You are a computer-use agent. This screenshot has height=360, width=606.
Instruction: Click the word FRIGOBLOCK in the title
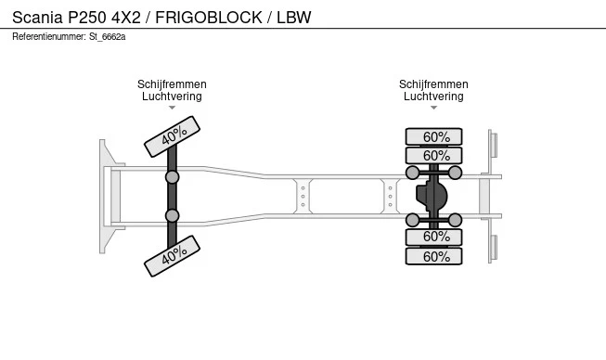tap(209, 18)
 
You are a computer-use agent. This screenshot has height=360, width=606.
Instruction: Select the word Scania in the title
tap(37, 18)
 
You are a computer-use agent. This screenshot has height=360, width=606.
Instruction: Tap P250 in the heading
tap(87, 18)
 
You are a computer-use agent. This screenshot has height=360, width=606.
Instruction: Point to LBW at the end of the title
tap(294, 18)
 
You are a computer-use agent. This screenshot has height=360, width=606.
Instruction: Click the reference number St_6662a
tap(107, 37)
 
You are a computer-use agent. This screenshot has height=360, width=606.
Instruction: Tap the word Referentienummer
tap(49, 37)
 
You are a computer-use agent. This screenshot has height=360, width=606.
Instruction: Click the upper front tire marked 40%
tap(172, 136)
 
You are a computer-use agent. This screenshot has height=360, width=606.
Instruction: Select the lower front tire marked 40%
tap(172, 256)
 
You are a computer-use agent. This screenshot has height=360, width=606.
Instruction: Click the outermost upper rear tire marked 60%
tap(433, 136)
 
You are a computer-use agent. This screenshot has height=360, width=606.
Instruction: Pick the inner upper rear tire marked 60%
tap(433, 156)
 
